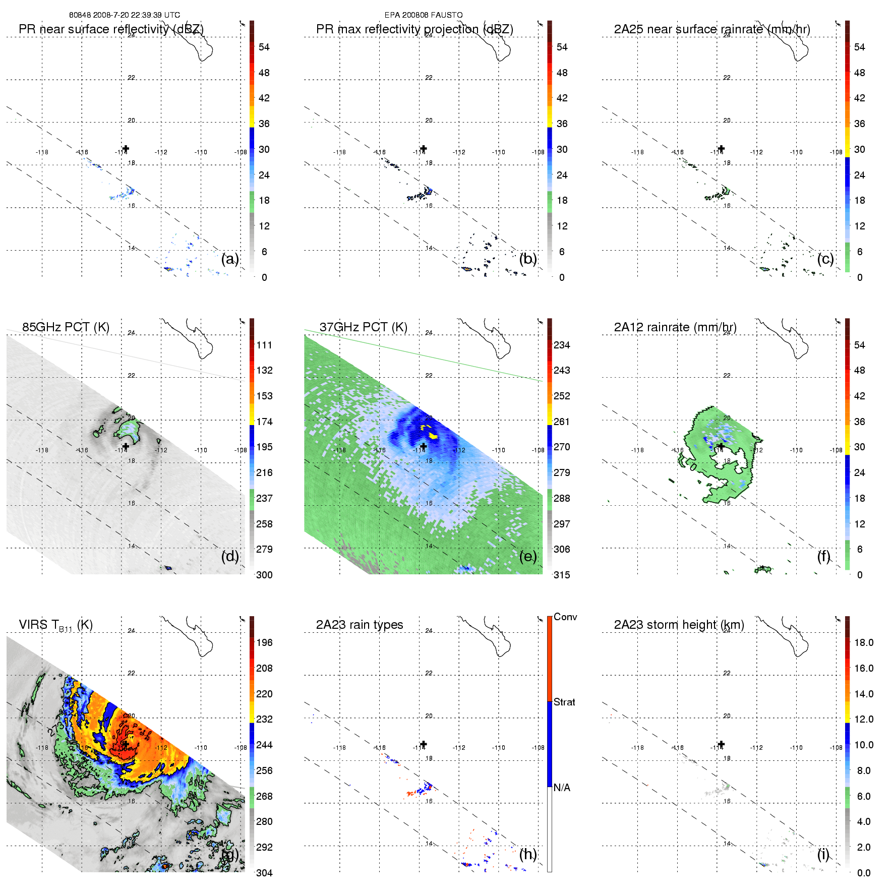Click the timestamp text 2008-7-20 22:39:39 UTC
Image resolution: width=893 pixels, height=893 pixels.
click(136, 15)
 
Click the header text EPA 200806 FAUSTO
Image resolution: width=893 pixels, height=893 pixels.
click(424, 15)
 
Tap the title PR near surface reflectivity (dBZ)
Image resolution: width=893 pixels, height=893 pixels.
click(111, 29)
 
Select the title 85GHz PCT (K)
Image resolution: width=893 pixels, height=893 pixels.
click(66, 327)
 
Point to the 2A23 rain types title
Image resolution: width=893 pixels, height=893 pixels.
click(360, 625)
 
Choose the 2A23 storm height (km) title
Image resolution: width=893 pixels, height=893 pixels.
click(679, 625)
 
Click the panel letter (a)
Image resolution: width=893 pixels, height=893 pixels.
click(230, 259)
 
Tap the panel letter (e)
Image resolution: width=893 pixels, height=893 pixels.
click(527, 557)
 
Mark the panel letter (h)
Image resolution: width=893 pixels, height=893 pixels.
click(527, 854)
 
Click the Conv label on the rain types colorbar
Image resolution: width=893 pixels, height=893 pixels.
click(565, 617)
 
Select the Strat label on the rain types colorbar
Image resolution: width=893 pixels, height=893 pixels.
click(564, 702)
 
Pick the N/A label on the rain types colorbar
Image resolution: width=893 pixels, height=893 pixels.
click(562, 788)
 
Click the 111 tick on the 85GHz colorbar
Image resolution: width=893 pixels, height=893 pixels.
click(264, 345)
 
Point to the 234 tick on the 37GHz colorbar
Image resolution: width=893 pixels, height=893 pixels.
click(562, 345)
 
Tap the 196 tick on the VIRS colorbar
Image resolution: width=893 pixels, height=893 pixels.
click(264, 642)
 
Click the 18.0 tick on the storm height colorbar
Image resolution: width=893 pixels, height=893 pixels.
click(864, 642)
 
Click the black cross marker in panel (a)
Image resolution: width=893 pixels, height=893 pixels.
click(126, 149)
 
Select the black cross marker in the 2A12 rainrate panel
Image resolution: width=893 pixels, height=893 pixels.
click(721, 446)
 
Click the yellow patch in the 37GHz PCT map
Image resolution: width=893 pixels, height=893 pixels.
click(432, 435)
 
